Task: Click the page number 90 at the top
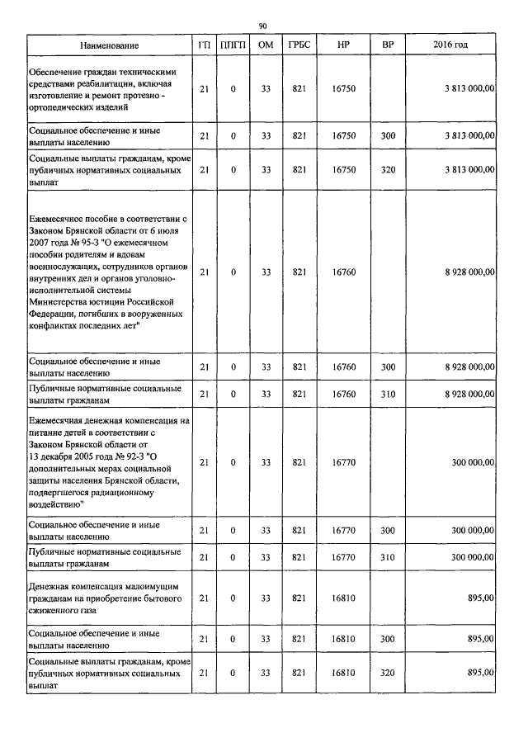pos(263,26)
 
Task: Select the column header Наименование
pos(110,45)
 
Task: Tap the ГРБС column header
pos(299,45)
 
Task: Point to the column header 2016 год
pos(450,45)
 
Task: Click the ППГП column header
pos(233,45)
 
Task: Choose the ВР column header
pos(388,45)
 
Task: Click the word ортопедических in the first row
pos(62,107)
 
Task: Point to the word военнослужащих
pos(64,267)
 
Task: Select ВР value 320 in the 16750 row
pos(388,169)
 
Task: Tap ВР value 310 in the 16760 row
pos(388,395)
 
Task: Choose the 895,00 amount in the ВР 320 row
pos(480,673)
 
